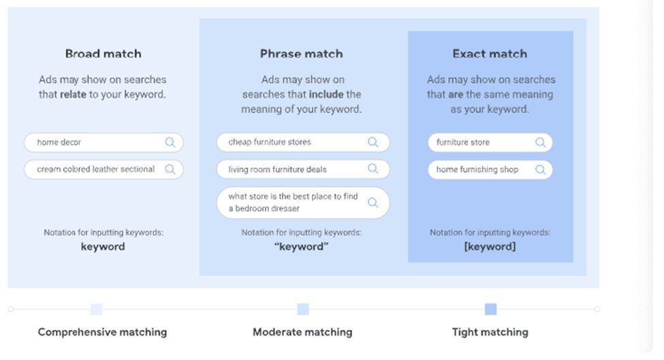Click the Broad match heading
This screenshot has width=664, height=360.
pos(104,54)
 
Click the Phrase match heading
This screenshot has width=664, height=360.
pos(301,54)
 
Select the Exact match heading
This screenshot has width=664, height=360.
pos(490,54)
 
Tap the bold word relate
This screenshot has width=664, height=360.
pos(74,95)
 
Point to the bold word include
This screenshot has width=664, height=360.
pos(326,95)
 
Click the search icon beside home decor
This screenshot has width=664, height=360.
pos(170,142)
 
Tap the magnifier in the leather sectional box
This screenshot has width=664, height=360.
pos(170,169)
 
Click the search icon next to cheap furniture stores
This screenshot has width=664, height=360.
pos(373,142)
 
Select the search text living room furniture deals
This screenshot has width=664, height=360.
pos(277,169)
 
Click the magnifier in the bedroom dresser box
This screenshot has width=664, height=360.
pos(373,203)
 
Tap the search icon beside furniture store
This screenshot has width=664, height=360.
pos(540,142)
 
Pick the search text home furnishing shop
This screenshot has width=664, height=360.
pos(477,169)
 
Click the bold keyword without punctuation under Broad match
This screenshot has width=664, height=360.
pos(103,246)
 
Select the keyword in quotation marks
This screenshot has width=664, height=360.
pos(301,246)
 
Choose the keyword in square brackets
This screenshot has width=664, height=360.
pos(490,246)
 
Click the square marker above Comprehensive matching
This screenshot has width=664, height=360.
pos(97,309)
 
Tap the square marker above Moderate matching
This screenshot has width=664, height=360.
pos(303,309)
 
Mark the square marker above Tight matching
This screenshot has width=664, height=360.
pos(490,309)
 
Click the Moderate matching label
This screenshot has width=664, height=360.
pos(302,332)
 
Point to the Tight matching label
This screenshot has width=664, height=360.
pos(490,332)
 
